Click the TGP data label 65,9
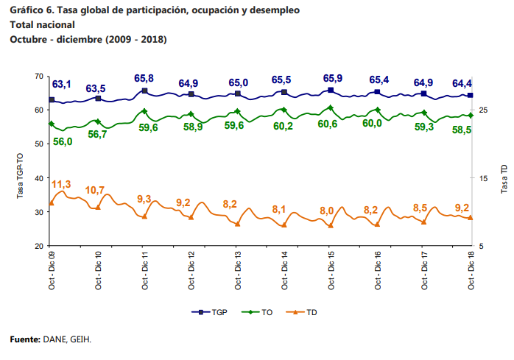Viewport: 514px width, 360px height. [333, 79]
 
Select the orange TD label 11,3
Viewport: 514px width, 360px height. [61, 183]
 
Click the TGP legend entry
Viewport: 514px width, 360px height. [209, 312]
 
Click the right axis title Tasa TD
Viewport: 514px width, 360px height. [504, 179]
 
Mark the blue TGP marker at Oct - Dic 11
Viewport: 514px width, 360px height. [145, 91]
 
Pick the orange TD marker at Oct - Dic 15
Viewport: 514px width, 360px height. [331, 225]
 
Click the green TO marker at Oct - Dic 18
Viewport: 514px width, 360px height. [471, 116]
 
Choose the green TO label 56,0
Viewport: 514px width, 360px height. [63, 141]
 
